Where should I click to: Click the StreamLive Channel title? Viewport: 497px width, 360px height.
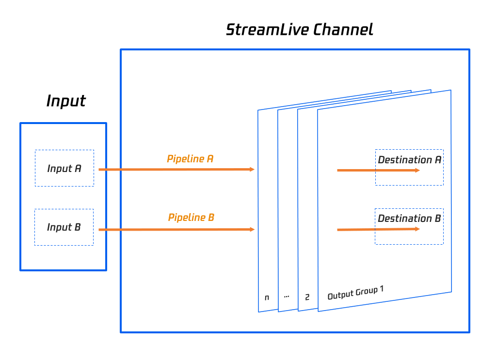[300, 30]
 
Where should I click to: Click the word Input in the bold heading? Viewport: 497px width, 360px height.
[66, 101]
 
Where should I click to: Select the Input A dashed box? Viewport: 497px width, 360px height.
[64, 168]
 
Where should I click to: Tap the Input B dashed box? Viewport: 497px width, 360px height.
[64, 227]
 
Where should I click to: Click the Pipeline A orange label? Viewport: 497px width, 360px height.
[190, 158]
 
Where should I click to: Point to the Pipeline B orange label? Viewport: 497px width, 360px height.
[191, 217]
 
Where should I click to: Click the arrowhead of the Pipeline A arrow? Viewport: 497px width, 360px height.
[252, 170]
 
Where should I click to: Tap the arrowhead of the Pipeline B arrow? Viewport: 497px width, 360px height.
[252, 229]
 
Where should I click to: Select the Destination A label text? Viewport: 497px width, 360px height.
[410, 159]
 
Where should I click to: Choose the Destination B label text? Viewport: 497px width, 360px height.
[409, 218]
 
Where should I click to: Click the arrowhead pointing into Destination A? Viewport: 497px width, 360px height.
[417, 171]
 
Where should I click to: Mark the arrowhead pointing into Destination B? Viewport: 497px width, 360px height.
[417, 229]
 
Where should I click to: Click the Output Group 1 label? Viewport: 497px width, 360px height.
[355, 293]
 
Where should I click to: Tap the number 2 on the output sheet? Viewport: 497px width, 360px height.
[307, 297]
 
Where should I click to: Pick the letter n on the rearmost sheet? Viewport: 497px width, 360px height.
[267, 297]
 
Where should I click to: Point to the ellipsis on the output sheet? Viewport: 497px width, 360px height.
[287, 297]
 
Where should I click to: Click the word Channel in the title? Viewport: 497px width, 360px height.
[343, 30]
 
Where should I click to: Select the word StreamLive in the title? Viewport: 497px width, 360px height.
[267, 30]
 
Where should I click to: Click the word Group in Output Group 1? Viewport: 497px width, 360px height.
[366, 292]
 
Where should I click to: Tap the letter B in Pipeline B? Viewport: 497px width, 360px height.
[211, 217]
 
